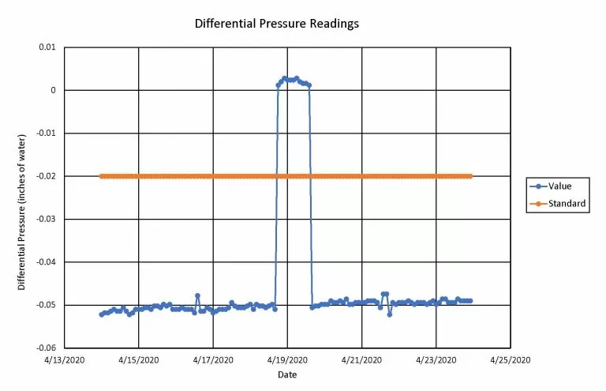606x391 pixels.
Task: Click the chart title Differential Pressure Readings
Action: [x=276, y=24]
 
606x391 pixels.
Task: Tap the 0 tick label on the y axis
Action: [x=52, y=90]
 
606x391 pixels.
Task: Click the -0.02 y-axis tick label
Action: [x=45, y=176]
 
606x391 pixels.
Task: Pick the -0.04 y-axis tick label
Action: [x=45, y=262]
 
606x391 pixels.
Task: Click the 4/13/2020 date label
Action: [x=65, y=359]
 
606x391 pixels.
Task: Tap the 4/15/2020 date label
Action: [x=139, y=359]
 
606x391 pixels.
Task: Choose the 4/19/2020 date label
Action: [x=287, y=359]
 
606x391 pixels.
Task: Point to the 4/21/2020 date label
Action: [x=361, y=359]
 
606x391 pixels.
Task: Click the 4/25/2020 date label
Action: [x=510, y=359]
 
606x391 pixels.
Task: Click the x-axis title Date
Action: [x=287, y=374]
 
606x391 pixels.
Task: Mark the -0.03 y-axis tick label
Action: [x=45, y=219]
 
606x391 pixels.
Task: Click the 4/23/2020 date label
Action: [x=436, y=359]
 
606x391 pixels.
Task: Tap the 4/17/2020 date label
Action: [x=213, y=359]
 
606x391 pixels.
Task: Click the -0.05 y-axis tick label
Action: [x=45, y=305]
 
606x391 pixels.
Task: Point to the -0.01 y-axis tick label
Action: [x=45, y=133]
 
